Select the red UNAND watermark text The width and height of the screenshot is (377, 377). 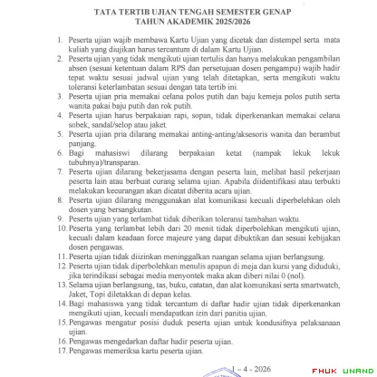pos(356,370)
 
